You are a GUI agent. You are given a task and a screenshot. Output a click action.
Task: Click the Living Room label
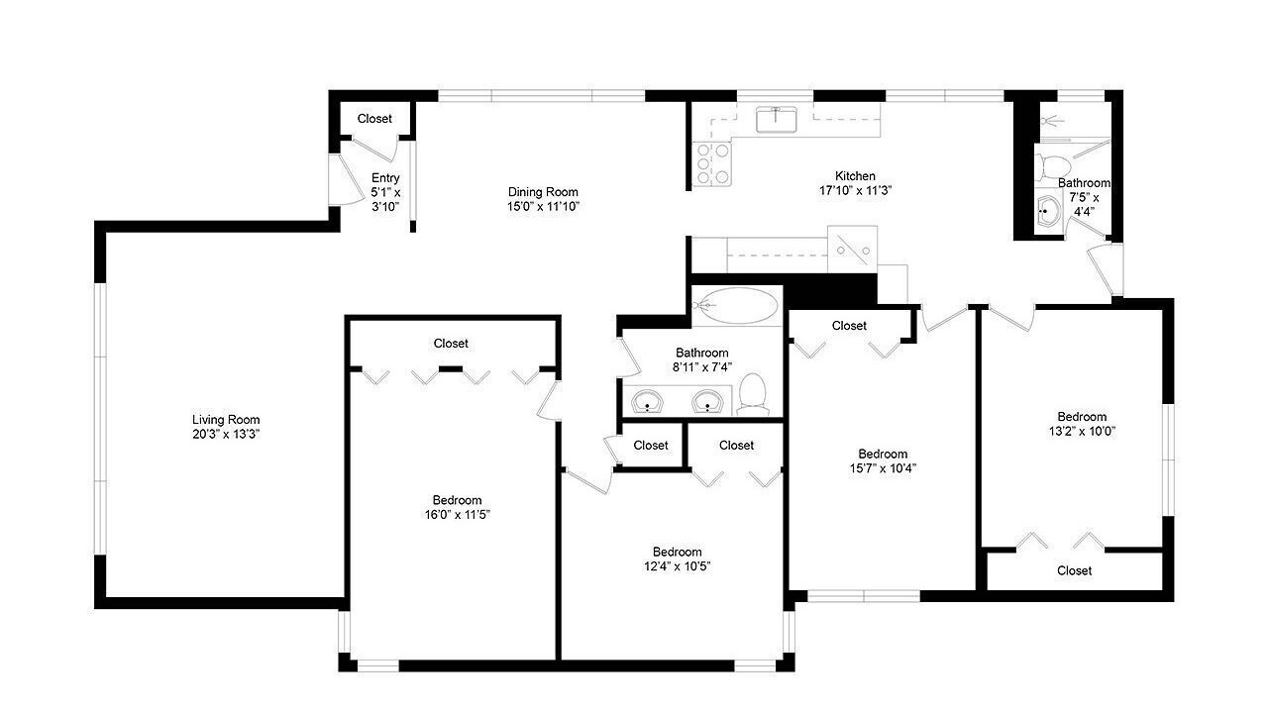tap(226, 420)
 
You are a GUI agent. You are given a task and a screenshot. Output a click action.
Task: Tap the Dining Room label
tap(543, 192)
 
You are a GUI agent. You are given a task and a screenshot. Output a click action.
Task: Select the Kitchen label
tap(855, 176)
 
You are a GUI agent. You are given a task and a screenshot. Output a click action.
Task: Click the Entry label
tap(385, 177)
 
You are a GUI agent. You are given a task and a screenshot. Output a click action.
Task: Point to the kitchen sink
tap(776, 120)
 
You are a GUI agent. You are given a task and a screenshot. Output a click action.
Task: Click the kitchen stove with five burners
tap(712, 164)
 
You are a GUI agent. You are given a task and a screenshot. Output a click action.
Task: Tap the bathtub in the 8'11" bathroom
tap(737, 306)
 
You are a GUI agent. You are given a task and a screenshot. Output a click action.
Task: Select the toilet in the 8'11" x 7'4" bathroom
tap(753, 394)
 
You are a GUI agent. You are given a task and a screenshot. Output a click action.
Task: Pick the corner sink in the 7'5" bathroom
tap(1048, 212)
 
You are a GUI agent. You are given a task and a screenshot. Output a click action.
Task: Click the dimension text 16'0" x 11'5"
tap(458, 514)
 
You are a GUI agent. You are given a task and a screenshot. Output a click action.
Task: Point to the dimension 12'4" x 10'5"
tap(677, 565)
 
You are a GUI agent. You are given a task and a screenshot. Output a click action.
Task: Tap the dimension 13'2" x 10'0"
tap(1082, 431)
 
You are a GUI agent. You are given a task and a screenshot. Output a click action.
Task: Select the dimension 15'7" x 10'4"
tap(883, 468)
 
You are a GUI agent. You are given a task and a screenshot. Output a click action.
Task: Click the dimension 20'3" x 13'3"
tap(226, 435)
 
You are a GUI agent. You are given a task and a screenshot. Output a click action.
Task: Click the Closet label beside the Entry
tap(374, 118)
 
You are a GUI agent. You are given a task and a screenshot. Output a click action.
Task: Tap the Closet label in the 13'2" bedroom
tap(1074, 570)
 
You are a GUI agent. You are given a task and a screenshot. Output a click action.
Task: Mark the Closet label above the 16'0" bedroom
tap(451, 343)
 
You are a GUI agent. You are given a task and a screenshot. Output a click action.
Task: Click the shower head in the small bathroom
tap(1052, 121)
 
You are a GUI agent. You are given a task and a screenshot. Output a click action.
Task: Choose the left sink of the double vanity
tap(647, 401)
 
